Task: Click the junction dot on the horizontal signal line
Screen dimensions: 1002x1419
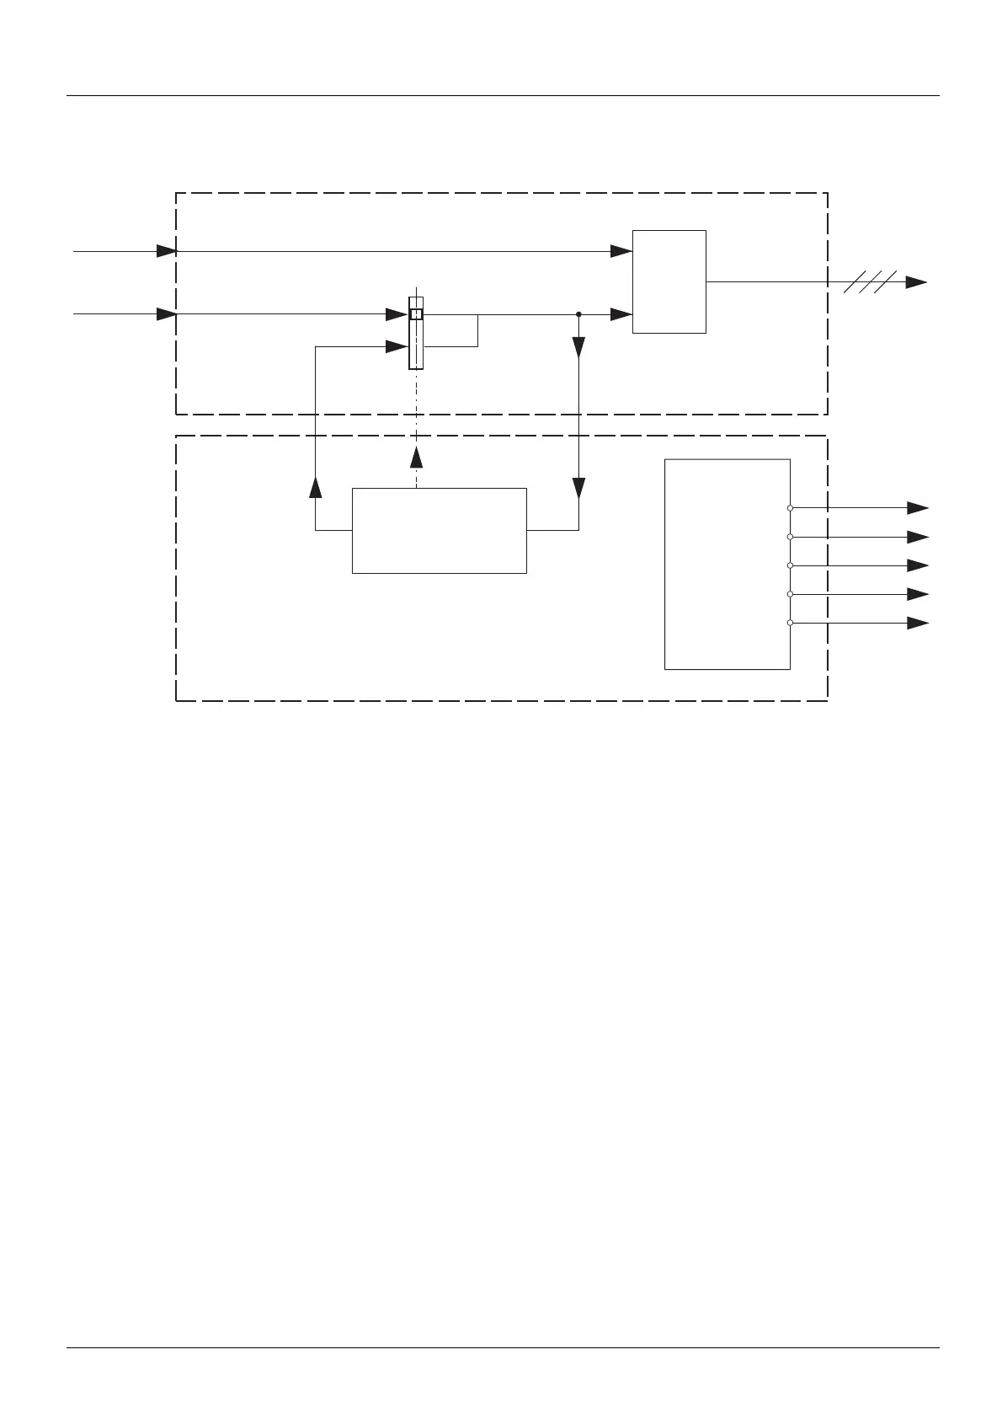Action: [x=579, y=314]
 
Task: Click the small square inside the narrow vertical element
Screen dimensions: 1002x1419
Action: [x=416, y=314]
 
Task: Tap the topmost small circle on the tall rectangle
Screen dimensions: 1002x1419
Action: [x=790, y=508]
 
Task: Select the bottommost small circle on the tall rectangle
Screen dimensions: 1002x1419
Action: [x=790, y=623]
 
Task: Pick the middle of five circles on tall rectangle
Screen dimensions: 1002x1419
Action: [x=790, y=565]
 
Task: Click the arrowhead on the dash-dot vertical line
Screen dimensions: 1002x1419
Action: [x=416, y=457]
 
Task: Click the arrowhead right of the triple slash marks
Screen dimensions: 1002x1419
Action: [x=916, y=283]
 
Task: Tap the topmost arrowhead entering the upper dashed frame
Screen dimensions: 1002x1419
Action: [x=166, y=251]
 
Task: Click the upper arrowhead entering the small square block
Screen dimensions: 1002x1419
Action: [x=621, y=251]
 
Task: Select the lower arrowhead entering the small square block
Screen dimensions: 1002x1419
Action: [x=621, y=314]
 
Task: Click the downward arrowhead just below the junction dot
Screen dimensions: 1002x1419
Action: [x=579, y=347]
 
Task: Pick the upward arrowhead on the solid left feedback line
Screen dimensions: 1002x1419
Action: [x=316, y=488]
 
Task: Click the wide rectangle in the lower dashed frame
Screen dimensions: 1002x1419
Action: [x=439, y=530]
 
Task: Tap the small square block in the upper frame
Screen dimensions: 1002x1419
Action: [x=669, y=281]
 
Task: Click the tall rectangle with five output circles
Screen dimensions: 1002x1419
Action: [x=727, y=564]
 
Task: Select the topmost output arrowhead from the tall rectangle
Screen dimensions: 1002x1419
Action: [x=917, y=508]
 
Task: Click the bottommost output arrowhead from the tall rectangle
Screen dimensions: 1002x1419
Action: [x=917, y=623]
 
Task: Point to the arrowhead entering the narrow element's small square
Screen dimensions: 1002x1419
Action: [x=397, y=314]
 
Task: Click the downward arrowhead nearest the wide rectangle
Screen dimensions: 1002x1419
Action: [x=579, y=488]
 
